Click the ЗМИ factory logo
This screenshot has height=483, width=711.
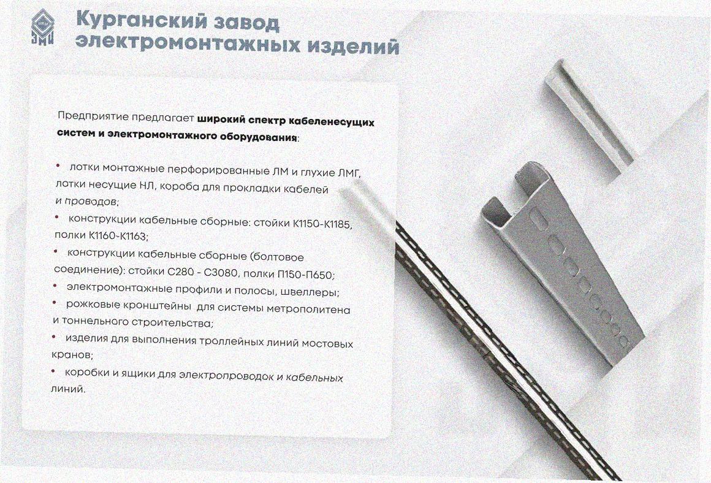[43, 27]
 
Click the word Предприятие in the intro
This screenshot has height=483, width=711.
[93, 116]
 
